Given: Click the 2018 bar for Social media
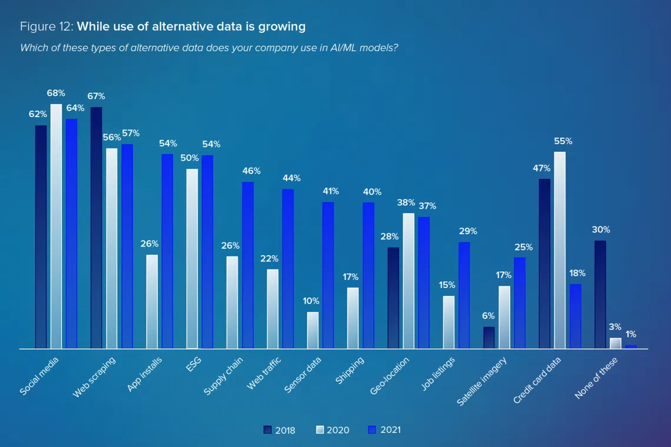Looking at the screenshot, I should (x=41, y=237).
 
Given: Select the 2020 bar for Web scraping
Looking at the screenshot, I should (x=112, y=248).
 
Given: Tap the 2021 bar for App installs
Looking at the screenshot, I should (x=167, y=251).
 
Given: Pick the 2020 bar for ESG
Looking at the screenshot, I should (x=192, y=259).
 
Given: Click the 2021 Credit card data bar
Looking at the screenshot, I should (x=575, y=316).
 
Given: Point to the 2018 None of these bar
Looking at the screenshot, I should (x=600, y=295).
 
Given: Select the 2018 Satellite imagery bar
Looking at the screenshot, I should (x=489, y=338).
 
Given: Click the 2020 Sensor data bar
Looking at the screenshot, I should (x=313, y=330).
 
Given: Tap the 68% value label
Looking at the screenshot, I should (x=57, y=93).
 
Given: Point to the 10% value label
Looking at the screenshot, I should (x=311, y=301).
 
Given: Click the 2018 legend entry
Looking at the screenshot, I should (x=280, y=430).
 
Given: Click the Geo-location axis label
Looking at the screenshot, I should (x=390, y=376).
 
